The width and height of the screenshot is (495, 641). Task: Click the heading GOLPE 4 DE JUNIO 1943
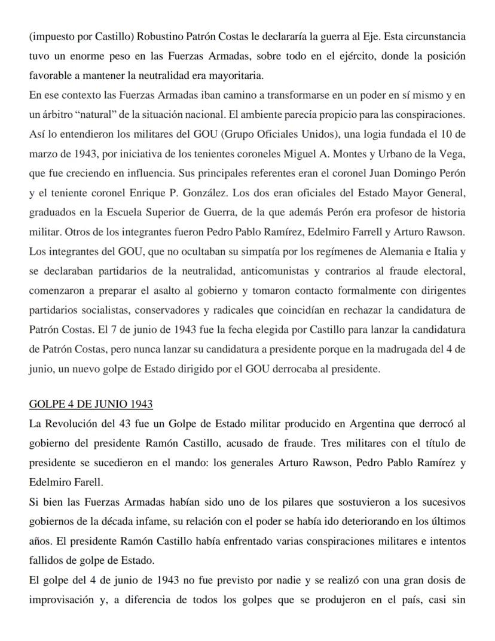point(90,405)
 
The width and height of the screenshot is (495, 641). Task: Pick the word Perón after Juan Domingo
point(452,173)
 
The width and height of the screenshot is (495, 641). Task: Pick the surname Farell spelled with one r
point(72,482)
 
